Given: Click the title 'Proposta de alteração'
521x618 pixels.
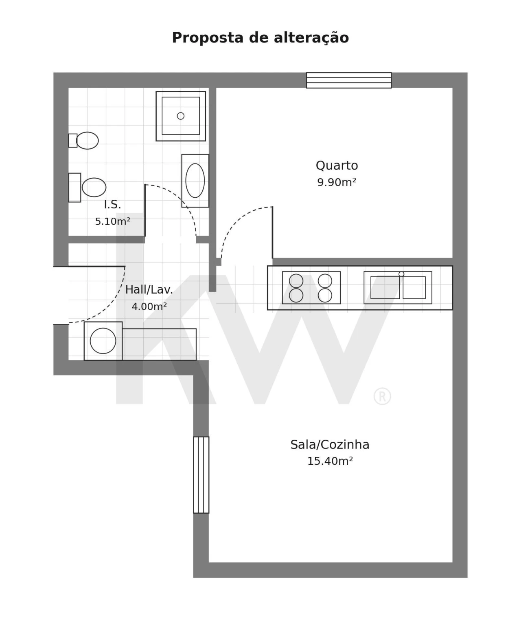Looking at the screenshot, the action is coord(260,38).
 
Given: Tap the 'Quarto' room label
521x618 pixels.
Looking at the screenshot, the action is coord(337,166).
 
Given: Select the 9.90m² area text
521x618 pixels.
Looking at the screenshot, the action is coord(337,182).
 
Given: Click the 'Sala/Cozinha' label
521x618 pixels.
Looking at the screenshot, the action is coord(330,445).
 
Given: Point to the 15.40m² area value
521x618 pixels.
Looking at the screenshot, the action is coord(330,461).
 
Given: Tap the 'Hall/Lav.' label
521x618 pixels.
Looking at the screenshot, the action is coord(149,289).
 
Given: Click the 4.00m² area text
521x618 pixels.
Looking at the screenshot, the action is coord(149,307).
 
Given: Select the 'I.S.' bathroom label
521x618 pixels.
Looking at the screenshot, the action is coord(113,205).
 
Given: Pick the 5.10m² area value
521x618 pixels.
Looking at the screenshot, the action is coord(113,221).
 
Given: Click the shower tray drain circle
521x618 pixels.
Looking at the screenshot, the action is coord(181,116).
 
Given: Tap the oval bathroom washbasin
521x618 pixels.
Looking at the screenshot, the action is coord(195,181).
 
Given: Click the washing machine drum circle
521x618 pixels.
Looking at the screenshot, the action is coord(103,341).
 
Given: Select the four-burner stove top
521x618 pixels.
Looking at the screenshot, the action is coord(311,288).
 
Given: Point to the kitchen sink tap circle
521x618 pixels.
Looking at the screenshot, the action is coord(401,274).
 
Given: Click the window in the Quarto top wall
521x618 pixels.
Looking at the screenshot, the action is coord(349,80).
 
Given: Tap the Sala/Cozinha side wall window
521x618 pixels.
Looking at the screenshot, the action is coord(201,475).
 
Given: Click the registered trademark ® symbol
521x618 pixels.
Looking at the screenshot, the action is coord(382,396).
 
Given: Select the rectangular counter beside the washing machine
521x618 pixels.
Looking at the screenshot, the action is coord(159,344).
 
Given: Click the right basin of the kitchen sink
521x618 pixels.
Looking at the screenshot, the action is coord(414,288).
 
